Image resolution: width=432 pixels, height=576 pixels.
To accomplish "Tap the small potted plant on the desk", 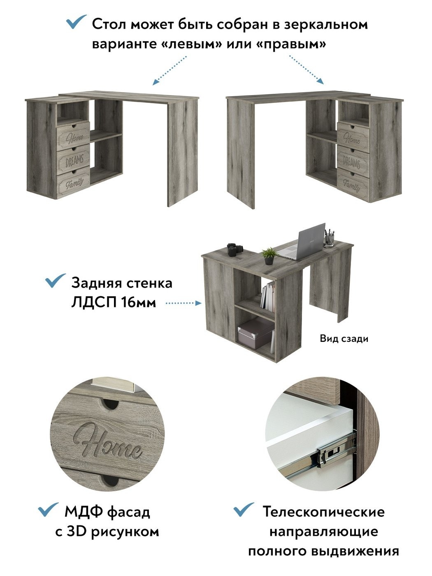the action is [x=269, y=256].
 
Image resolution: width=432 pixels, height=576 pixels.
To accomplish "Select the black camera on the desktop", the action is [x=235, y=249].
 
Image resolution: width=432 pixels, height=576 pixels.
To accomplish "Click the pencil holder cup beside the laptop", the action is [x=329, y=238].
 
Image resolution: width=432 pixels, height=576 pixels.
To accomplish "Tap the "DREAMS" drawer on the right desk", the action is [x=353, y=161].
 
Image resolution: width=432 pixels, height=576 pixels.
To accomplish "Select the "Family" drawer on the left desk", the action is [x=74, y=182].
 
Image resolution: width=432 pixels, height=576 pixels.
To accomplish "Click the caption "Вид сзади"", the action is [x=344, y=339].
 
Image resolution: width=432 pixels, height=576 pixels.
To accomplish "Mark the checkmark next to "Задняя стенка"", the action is [x=56, y=281].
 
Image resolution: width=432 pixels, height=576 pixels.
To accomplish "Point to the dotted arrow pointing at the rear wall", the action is [x=183, y=303].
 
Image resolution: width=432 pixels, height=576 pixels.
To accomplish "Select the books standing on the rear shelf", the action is [x=268, y=296].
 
